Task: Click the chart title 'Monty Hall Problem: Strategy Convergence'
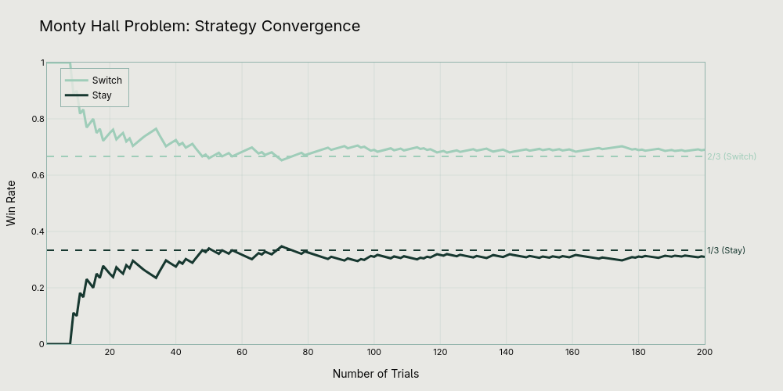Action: tap(200, 26)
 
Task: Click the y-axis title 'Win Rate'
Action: tap(11, 203)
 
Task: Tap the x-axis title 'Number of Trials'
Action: tap(376, 374)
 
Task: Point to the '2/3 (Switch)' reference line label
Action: tap(731, 156)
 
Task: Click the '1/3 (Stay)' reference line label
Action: tap(726, 250)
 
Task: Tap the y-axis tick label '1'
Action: tap(41, 63)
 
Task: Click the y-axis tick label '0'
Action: tap(41, 344)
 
